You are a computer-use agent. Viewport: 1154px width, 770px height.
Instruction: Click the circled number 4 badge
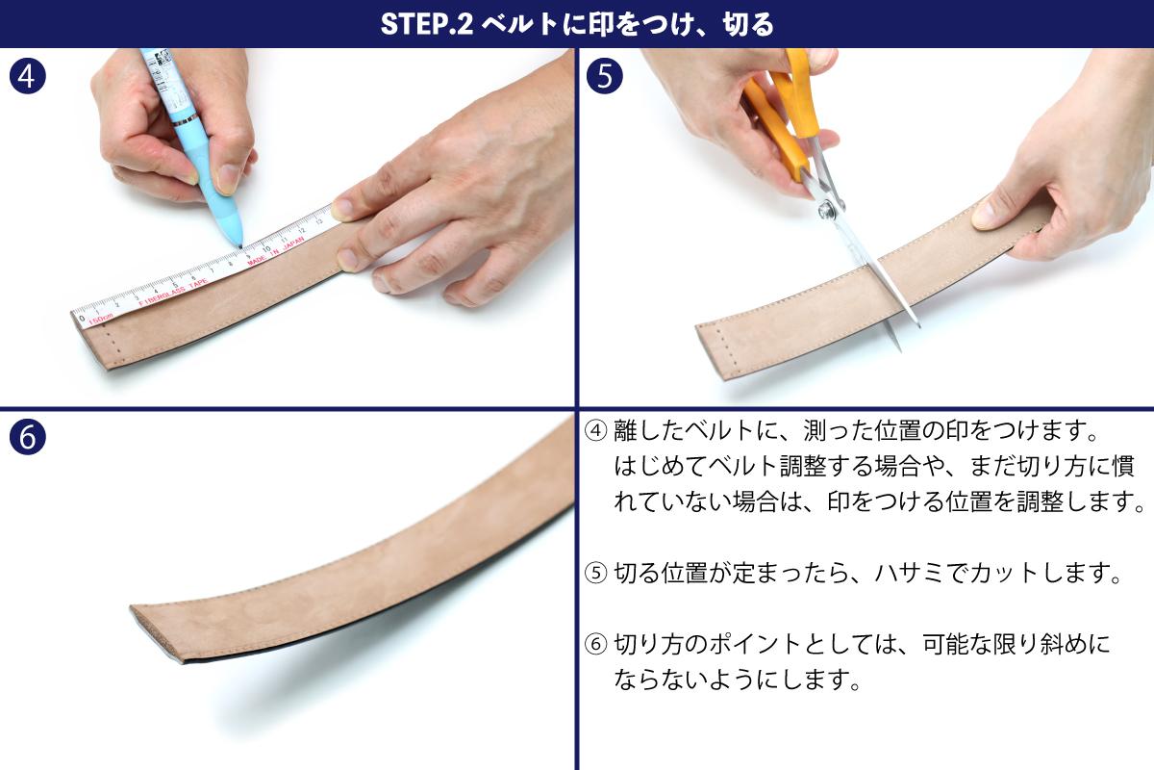[x=27, y=76]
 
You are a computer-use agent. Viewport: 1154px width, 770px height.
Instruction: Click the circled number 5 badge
[x=604, y=76]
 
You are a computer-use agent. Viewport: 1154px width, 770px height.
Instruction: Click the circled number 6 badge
[x=27, y=437]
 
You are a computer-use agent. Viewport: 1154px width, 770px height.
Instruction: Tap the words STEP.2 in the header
[x=427, y=24]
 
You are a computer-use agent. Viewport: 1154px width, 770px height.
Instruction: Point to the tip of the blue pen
[x=240, y=247]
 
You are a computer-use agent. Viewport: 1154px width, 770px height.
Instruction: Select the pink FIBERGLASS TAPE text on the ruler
[x=173, y=292]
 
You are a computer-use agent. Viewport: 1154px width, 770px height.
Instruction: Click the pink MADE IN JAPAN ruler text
[x=276, y=251]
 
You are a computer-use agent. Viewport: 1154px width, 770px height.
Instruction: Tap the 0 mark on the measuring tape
[x=82, y=319]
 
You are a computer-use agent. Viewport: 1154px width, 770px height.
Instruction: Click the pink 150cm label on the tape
[x=100, y=320]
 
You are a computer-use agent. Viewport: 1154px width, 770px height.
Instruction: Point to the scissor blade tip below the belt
[x=899, y=350]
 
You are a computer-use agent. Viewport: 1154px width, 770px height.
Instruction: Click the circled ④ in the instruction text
[x=595, y=430]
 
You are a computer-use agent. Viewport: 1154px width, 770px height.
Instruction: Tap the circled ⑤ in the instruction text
[x=595, y=573]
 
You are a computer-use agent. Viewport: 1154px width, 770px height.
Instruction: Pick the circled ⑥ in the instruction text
[x=595, y=644]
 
